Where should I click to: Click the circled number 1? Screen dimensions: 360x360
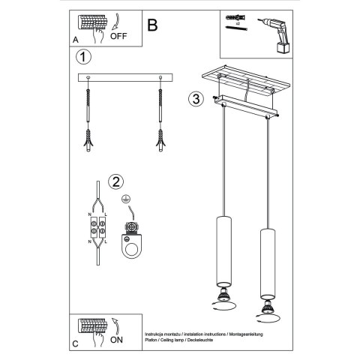click(84, 57)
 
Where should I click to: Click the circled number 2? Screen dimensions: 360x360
click(115, 181)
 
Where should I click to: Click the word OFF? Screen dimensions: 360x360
click(119, 34)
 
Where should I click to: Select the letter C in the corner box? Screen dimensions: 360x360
click(74, 344)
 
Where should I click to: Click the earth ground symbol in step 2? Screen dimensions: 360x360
click(124, 200)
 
